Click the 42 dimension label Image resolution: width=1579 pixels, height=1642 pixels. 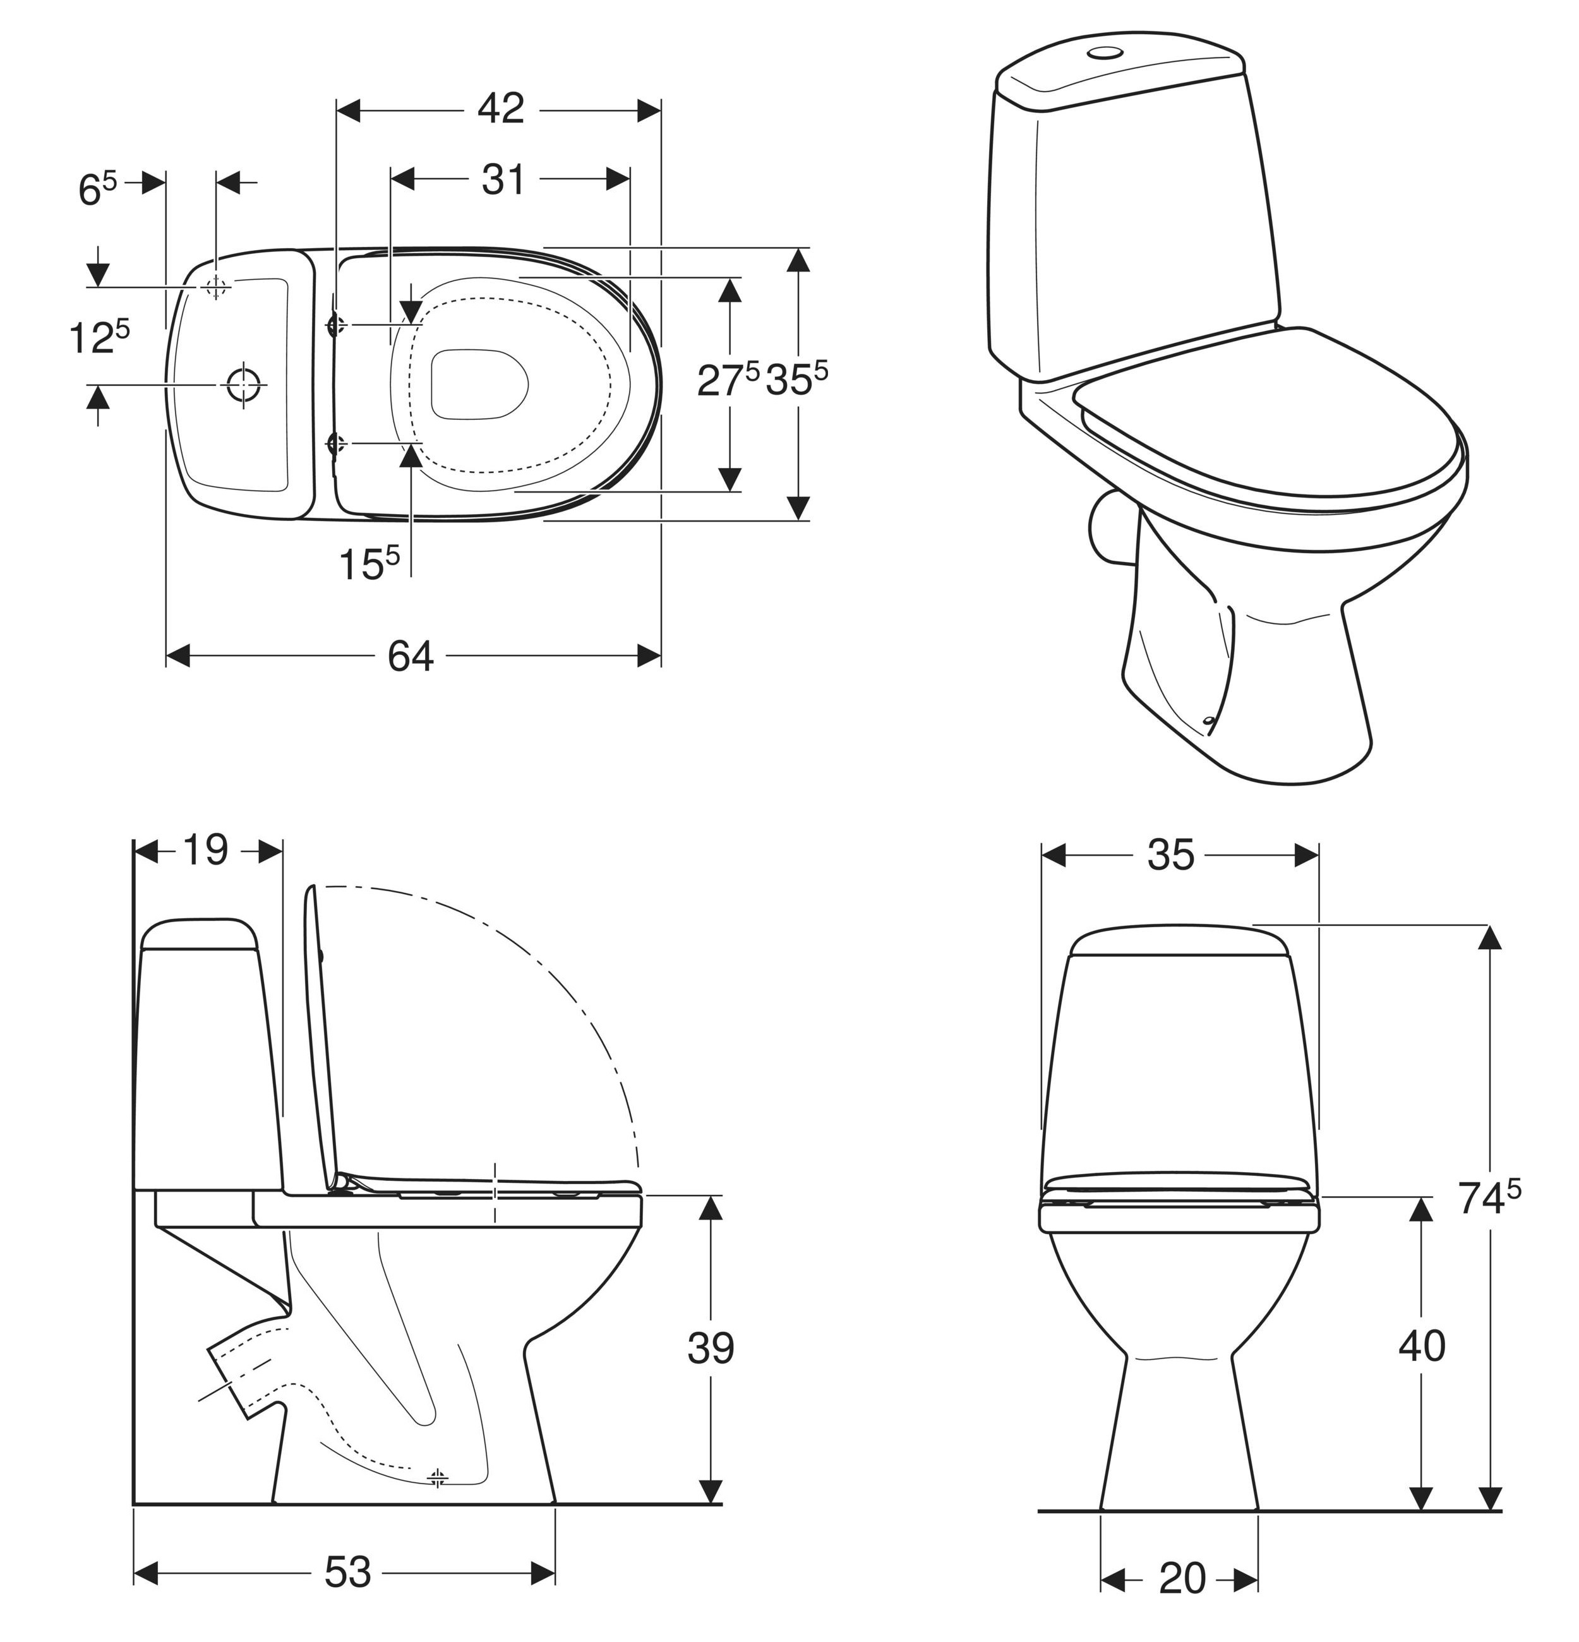pyautogui.click(x=501, y=109)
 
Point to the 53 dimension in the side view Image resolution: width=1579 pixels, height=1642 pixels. pyautogui.click(x=347, y=1572)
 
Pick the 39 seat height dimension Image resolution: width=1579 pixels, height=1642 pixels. pyautogui.click(x=711, y=1348)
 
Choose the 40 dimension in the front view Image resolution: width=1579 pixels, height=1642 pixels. pyautogui.click(x=1422, y=1345)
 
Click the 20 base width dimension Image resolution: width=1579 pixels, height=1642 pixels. pyautogui.click(x=1183, y=1578)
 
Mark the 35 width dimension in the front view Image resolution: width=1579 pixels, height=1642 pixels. pyautogui.click(x=1171, y=854)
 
